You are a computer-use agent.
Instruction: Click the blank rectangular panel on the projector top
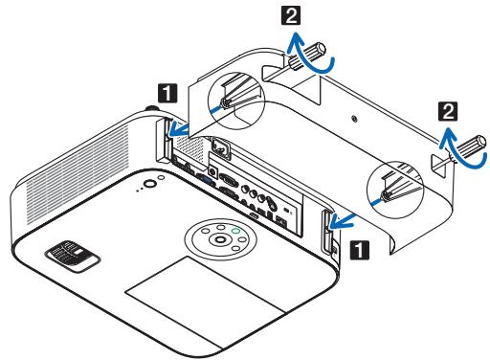pyautogui.click(x=195, y=303)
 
